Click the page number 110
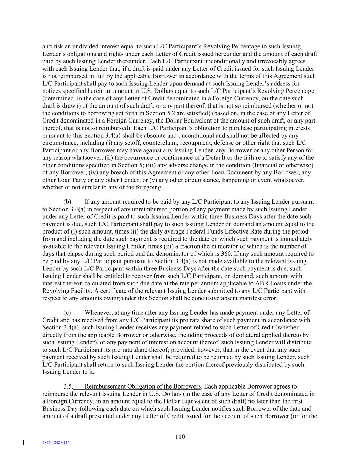click(x=180, y=437)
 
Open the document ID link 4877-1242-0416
click(x=56, y=443)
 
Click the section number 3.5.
click(x=68, y=386)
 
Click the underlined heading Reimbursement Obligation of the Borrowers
click(x=143, y=386)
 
